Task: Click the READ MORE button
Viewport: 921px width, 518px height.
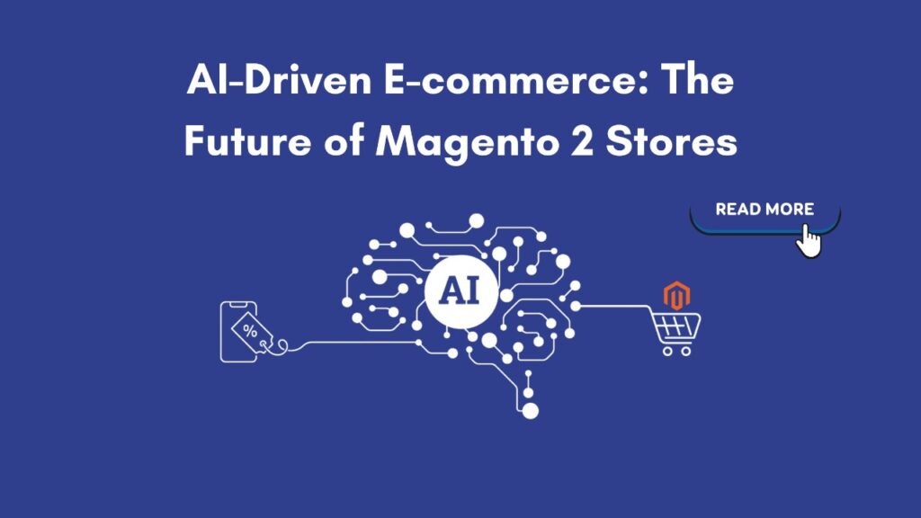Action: (x=764, y=210)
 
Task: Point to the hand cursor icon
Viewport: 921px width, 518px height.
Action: (x=809, y=240)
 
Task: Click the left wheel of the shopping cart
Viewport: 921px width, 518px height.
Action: (x=668, y=351)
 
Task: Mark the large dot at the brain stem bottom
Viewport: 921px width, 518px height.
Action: (x=531, y=411)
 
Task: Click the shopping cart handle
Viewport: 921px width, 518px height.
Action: (x=654, y=308)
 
